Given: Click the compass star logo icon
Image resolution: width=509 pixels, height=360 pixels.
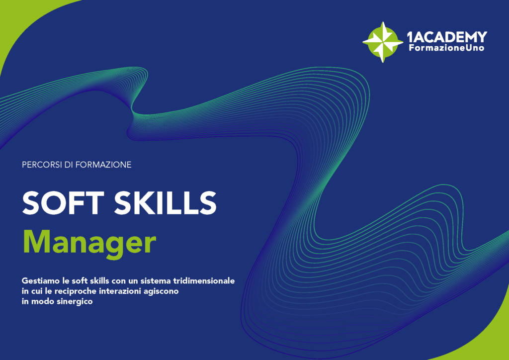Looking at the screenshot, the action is click(383, 42).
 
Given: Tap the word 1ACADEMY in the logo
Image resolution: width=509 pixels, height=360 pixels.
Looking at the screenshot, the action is click(447, 37).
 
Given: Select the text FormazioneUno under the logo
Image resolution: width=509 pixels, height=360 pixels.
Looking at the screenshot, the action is click(446, 48).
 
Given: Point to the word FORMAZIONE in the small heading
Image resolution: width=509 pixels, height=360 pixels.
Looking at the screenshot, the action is click(103, 165).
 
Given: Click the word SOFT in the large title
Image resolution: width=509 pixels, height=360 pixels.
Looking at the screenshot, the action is click(63, 203).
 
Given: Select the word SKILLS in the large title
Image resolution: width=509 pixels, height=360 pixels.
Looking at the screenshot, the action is click(165, 203).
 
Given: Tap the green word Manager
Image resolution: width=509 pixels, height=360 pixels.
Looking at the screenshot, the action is click(89, 243).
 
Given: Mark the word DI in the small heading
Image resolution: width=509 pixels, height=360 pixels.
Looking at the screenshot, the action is click(69, 165).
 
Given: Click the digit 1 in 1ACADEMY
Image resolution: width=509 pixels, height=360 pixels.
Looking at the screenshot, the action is click(410, 37).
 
